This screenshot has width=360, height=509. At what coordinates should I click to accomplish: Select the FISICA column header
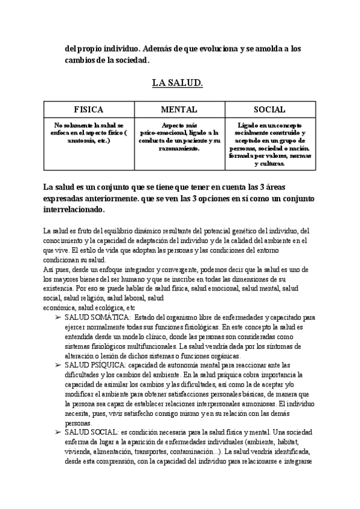point(89,110)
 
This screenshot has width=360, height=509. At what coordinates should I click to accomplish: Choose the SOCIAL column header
point(269,110)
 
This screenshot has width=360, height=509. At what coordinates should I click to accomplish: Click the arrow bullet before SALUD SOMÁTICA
point(58,316)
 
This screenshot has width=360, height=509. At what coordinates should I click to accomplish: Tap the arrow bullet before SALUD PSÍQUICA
point(58,365)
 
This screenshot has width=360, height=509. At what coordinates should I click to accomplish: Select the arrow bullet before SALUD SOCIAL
point(58,432)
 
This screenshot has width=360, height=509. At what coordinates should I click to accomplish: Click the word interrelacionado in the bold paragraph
point(74,210)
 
